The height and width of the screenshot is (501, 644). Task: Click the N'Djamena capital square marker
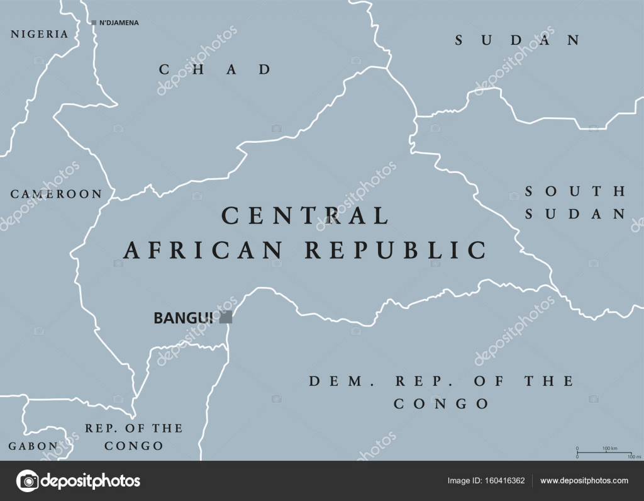coord(94,23)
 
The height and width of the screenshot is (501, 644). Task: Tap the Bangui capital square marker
coord(225,317)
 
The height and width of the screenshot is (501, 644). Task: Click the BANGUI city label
coord(183,318)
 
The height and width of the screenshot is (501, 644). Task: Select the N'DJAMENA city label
coord(119,23)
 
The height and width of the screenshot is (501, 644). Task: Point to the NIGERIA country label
coord(39,34)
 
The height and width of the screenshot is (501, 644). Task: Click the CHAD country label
coord(214,69)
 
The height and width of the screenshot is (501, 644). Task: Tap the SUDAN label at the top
coord(517,40)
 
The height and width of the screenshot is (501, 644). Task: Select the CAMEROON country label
coord(56,194)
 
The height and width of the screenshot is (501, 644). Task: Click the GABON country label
coord(33,446)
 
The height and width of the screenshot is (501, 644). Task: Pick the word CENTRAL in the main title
coord(305,216)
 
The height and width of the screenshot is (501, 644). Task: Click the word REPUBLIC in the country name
coord(396,250)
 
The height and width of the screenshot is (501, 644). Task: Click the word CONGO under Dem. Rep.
coord(441,404)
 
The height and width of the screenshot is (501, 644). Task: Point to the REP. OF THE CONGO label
coord(133,436)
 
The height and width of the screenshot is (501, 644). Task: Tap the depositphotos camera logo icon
coord(27,481)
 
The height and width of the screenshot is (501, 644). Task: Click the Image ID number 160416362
coord(503,481)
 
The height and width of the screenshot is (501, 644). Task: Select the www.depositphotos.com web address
coord(584,481)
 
